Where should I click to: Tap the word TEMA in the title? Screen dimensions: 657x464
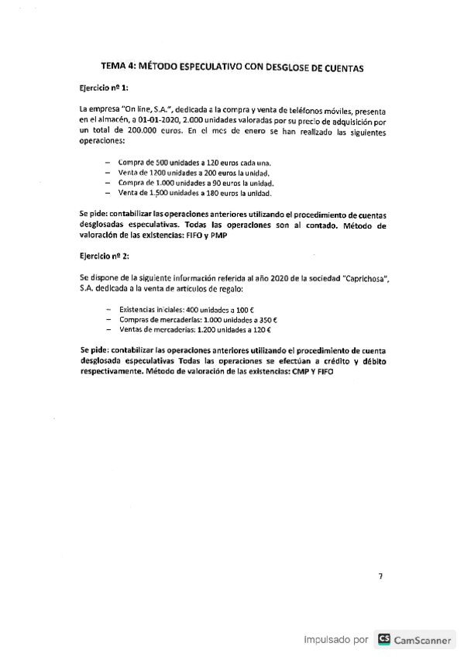[x=116, y=68]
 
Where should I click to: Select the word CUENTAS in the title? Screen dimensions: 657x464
[x=338, y=68]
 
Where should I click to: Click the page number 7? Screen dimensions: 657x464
[x=380, y=576]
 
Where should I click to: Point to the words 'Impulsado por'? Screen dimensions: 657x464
[x=335, y=640]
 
